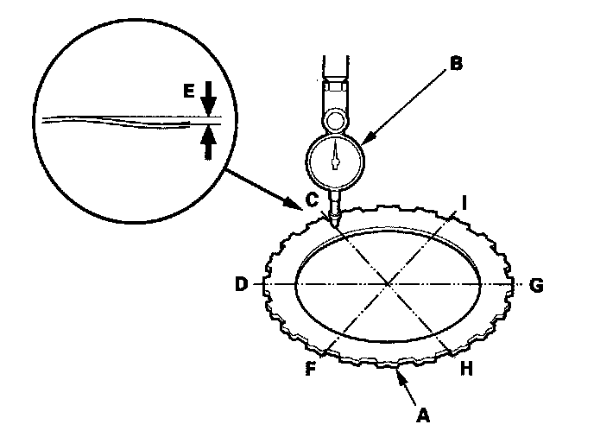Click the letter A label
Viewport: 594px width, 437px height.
pyautogui.click(x=423, y=415)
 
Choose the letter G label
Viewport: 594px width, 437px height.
pyautogui.click(x=536, y=284)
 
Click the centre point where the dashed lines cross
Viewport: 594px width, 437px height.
pyautogui.click(x=390, y=283)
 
